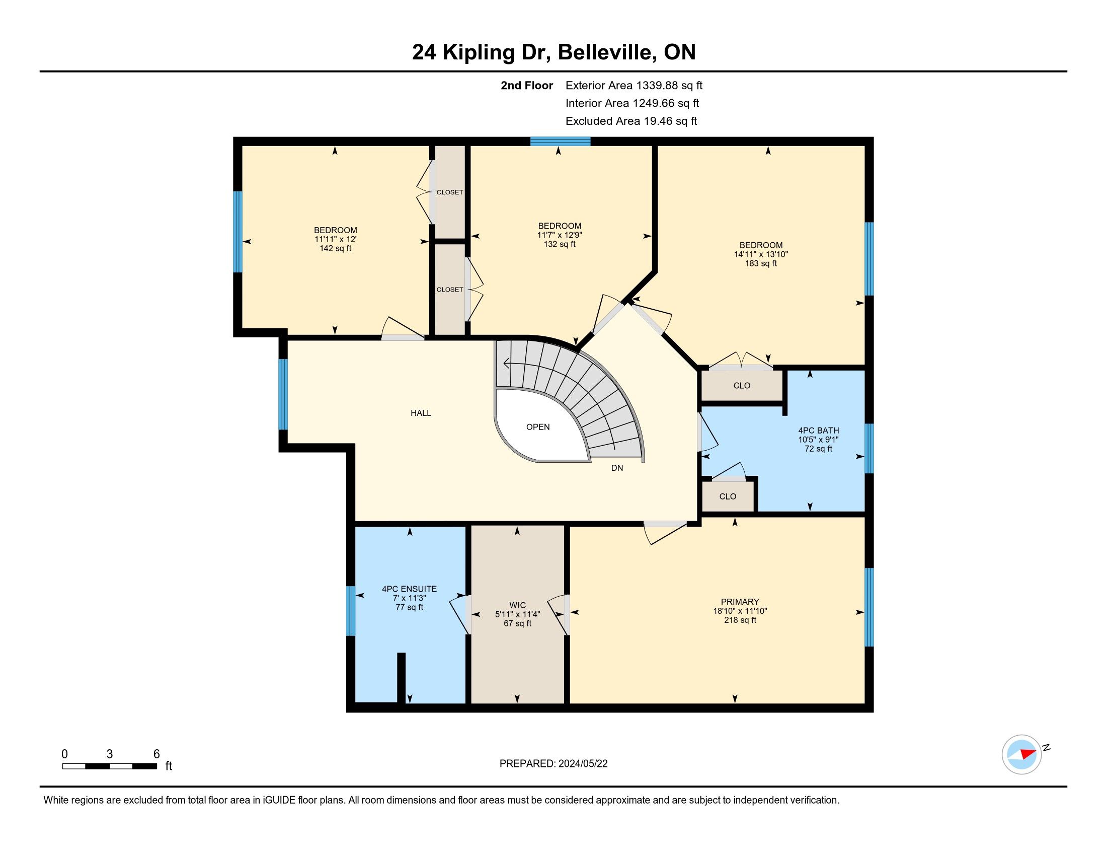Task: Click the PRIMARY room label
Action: click(x=740, y=602)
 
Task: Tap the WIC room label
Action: click(x=517, y=605)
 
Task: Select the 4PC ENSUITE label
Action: click(x=409, y=589)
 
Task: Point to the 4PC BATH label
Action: click(x=819, y=431)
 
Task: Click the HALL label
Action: click(x=421, y=413)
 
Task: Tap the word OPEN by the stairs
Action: click(x=538, y=427)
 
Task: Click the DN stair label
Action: click(x=617, y=468)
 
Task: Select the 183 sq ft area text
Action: click(x=761, y=263)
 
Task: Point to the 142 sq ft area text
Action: click(x=335, y=248)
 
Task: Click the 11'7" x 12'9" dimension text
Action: click(x=560, y=235)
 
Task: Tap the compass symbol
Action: click(x=1022, y=754)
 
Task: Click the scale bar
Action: click(x=110, y=766)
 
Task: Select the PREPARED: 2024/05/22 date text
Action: click(x=553, y=764)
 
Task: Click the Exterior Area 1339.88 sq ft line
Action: click(x=634, y=85)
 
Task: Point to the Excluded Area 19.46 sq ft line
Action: click(x=631, y=121)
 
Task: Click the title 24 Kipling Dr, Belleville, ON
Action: click(x=553, y=52)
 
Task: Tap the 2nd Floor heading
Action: click(x=527, y=85)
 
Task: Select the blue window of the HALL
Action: click(x=283, y=394)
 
